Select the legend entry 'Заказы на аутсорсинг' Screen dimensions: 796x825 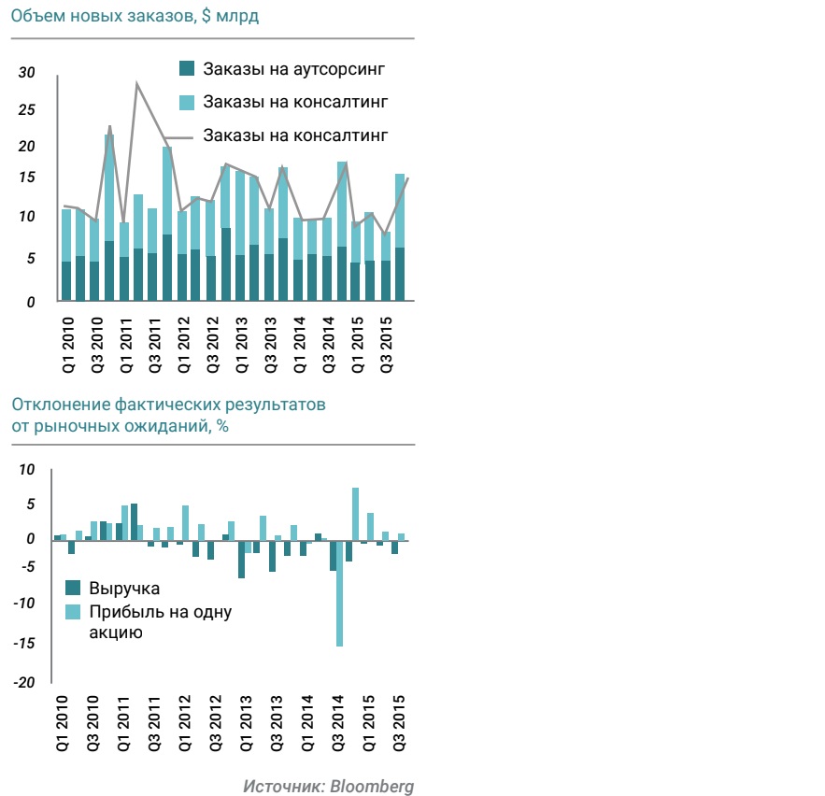[293, 68]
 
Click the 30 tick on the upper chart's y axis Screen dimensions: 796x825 [26, 74]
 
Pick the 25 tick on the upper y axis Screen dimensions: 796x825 [26, 110]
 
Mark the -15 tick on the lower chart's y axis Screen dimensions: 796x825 [24, 644]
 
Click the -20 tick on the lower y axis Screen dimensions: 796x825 [24, 683]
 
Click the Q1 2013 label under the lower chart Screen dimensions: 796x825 [246, 724]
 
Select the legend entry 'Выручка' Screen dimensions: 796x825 [124, 589]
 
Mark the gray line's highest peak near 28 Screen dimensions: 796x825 [137, 85]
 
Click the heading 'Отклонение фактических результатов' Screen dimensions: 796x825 [169, 405]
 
